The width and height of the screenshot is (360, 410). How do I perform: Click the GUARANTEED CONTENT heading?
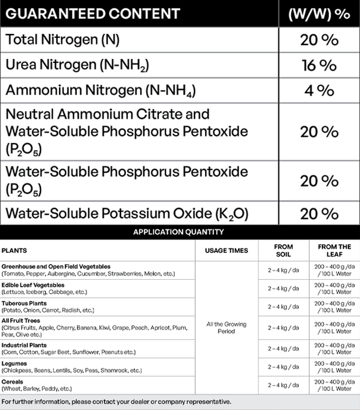point(93,13)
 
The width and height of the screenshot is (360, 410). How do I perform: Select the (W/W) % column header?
point(319,13)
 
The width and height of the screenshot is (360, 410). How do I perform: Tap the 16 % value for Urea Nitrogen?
point(319,65)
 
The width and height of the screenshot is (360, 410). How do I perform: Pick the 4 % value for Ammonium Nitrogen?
point(319,91)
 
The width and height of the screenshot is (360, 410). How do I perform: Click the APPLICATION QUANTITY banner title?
point(178,232)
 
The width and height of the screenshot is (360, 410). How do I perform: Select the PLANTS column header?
point(14,251)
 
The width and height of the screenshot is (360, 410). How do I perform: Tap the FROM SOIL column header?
point(283,251)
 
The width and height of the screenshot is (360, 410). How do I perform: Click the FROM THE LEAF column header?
point(334,251)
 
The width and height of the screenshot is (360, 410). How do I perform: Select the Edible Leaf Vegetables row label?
point(33,285)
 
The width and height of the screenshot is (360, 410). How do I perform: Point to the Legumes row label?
point(14,363)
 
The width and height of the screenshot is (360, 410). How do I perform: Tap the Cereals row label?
point(13,382)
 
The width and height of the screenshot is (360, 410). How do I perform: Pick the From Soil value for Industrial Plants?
point(283,349)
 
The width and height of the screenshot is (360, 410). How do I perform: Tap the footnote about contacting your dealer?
point(116,402)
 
